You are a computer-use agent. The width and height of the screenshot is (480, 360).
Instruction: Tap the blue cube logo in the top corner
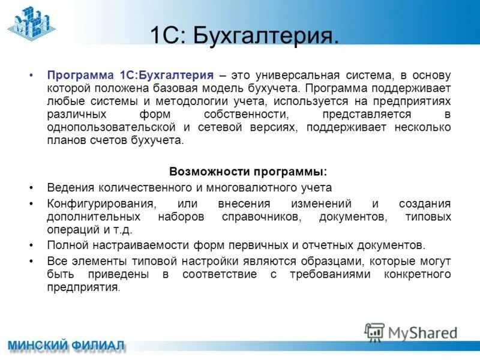[x=31, y=22]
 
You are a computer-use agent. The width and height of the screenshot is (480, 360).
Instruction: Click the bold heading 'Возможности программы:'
[x=248, y=171]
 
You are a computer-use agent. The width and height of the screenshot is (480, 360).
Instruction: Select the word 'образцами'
[x=337, y=262]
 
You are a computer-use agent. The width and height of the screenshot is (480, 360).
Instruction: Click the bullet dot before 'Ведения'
[x=31, y=187]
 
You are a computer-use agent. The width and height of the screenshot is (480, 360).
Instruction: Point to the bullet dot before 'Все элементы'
[x=31, y=262]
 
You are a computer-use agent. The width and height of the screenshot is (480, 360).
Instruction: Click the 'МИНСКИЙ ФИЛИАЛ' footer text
[x=67, y=346]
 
